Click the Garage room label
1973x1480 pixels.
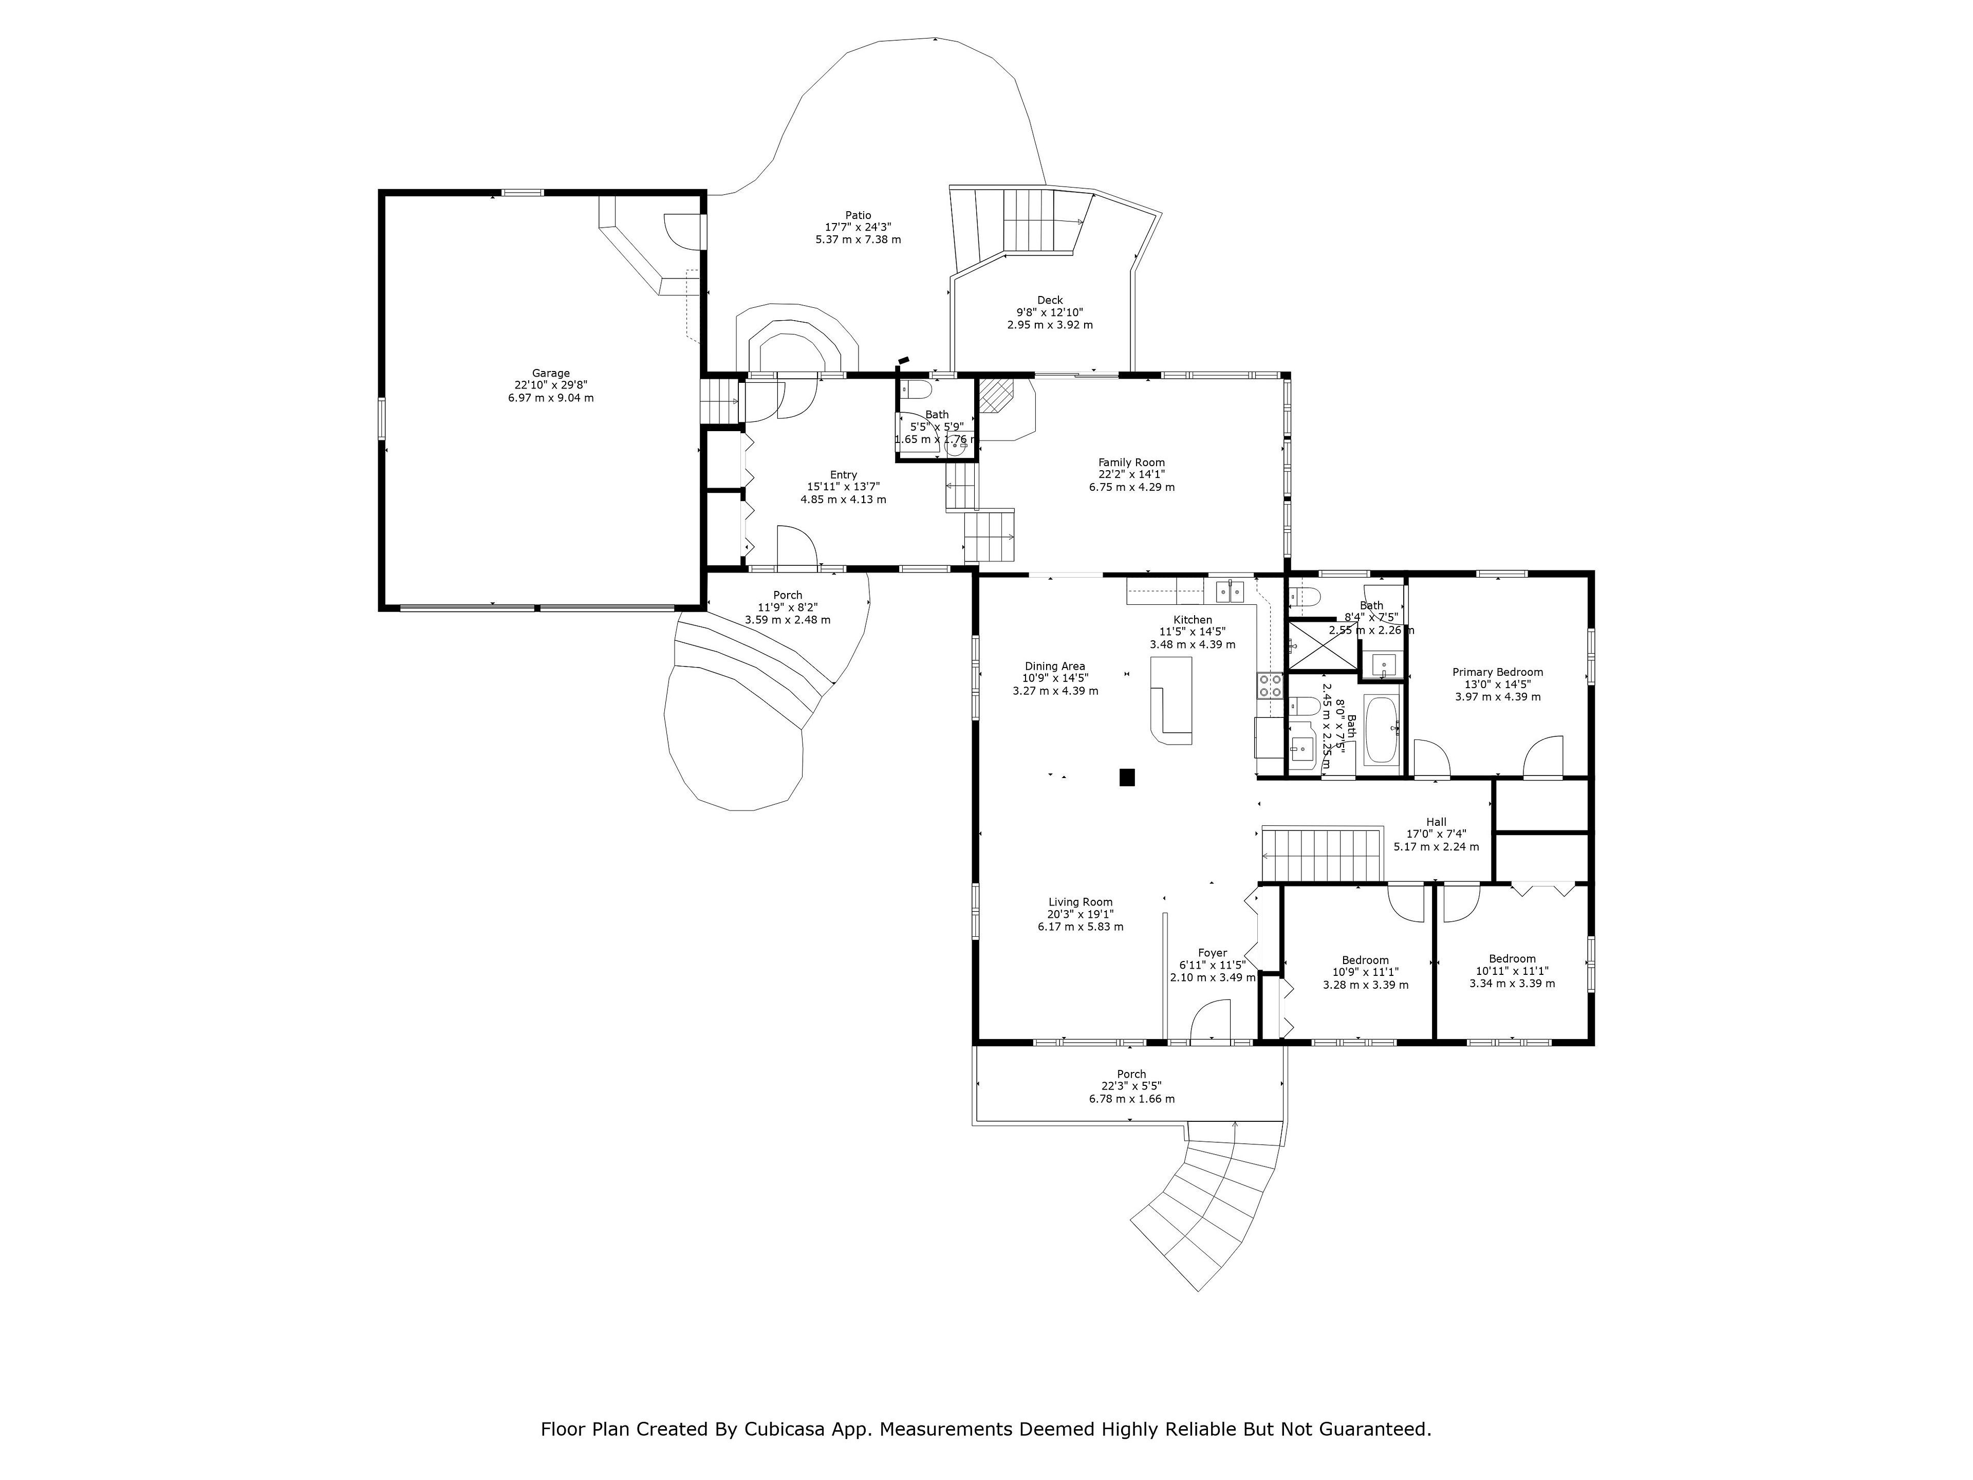tap(550, 374)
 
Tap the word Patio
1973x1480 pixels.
tap(858, 215)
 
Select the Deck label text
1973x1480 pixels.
tap(1050, 301)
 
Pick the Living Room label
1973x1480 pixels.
tap(1080, 902)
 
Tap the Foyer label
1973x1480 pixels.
tap(1212, 953)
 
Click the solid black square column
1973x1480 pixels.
tap(1127, 777)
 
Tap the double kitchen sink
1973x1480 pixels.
tap(1231, 590)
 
